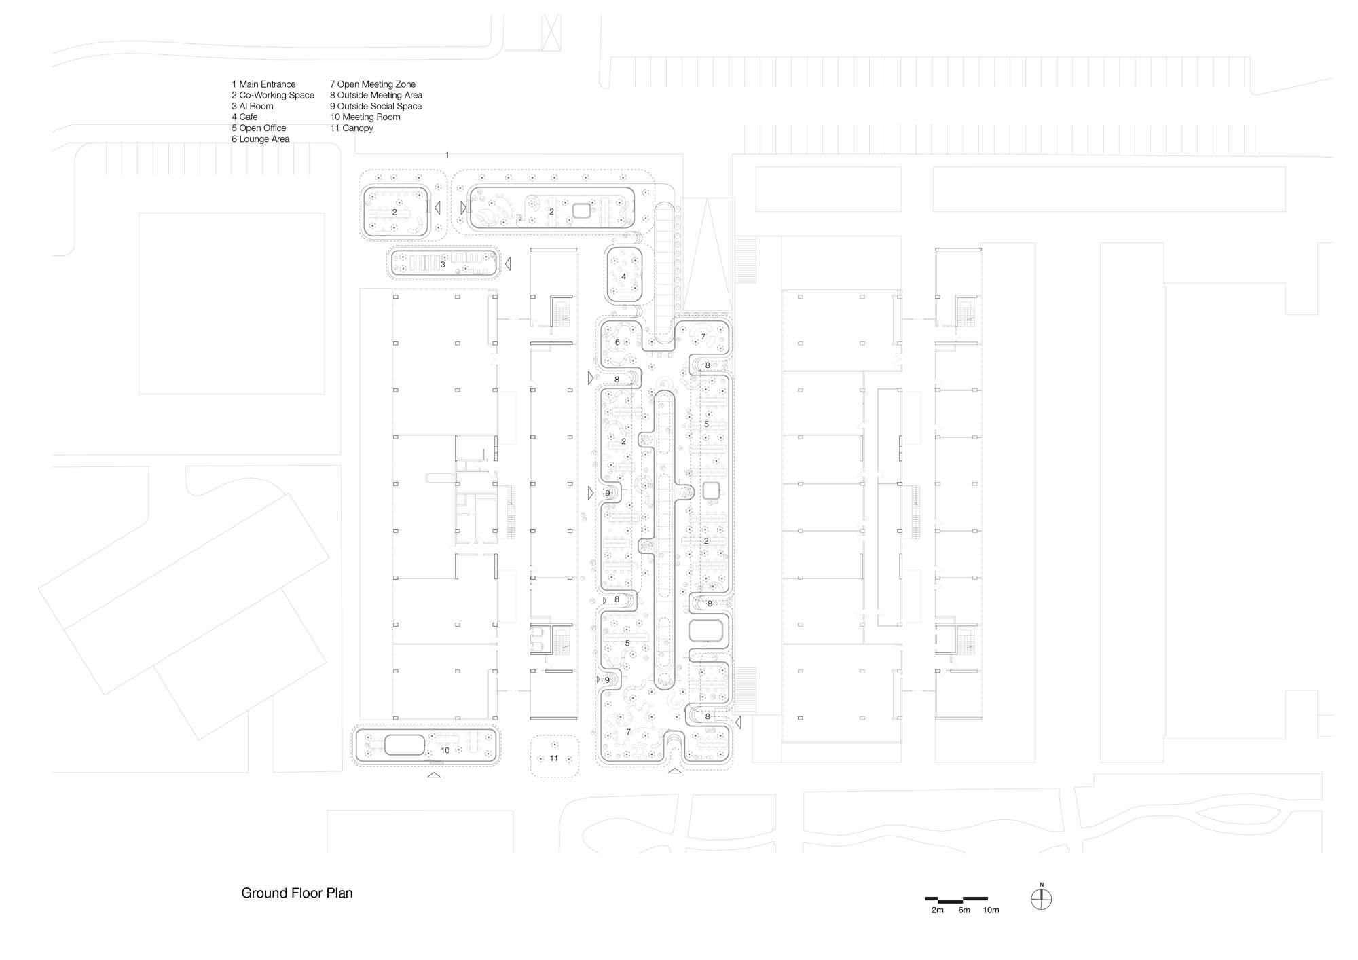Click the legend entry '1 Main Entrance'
click(x=263, y=84)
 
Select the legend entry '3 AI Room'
click(x=253, y=106)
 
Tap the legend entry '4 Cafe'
click(x=244, y=117)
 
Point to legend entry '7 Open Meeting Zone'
click(x=373, y=84)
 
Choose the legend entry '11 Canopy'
click(x=352, y=128)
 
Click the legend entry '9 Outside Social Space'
click(x=375, y=106)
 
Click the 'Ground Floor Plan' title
click(x=297, y=893)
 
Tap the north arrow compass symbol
click(x=1041, y=900)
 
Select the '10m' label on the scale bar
click(x=991, y=910)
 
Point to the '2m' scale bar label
click(x=937, y=910)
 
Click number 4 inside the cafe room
click(x=623, y=276)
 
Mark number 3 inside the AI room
click(x=443, y=264)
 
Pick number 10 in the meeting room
click(x=445, y=750)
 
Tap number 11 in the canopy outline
click(x=553, y=758)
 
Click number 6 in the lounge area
click(x=617, y=342)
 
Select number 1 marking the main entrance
click(x=447, y=155)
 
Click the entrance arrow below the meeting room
click(x=433, y=774)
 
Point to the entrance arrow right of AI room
click(x=507, y=263)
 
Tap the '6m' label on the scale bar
click(x=964, y=910)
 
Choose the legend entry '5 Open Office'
click(x=259, y=128)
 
